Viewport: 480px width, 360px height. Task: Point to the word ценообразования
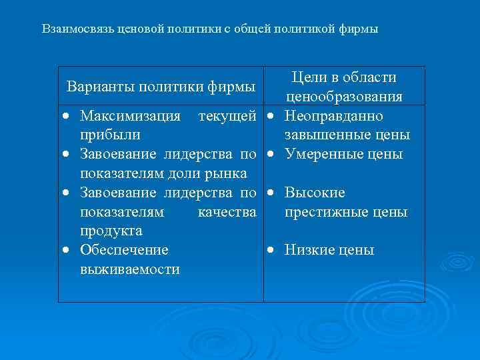[x=344, y=97]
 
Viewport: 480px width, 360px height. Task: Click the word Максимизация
[x=130, y=116]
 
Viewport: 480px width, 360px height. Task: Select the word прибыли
[x=109, y=135]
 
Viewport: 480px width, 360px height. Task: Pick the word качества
[x=227, y=211]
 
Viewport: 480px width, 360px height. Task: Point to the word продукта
[x=111, y=231]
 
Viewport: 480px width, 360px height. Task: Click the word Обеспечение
[x=124, y=250]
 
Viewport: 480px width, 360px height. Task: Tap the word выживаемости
[x=129, y=269]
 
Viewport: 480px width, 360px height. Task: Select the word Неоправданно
[x=333, y=116]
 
